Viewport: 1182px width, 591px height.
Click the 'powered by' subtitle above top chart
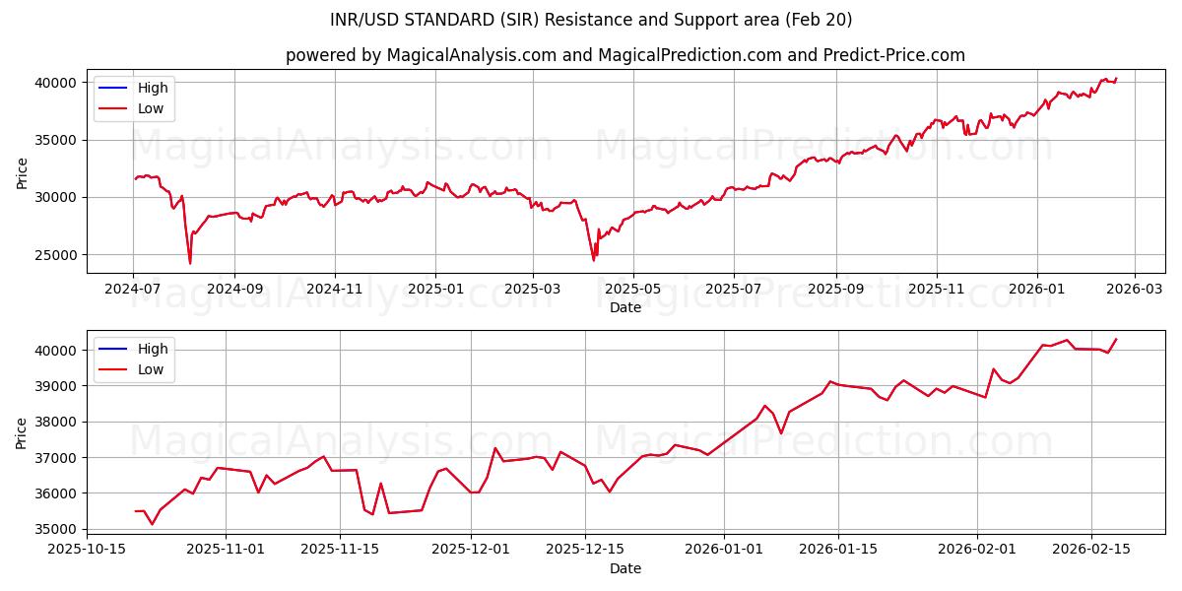point(625,55)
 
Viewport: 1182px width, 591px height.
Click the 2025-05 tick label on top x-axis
point(632,290)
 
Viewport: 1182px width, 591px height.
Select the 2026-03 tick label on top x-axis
point(1134,290)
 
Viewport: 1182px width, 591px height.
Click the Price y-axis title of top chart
point(23,171)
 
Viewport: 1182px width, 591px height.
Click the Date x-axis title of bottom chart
point(625,568)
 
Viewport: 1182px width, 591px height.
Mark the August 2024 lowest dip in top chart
point(190,263)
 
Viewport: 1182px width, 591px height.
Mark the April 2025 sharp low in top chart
point(593,260)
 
